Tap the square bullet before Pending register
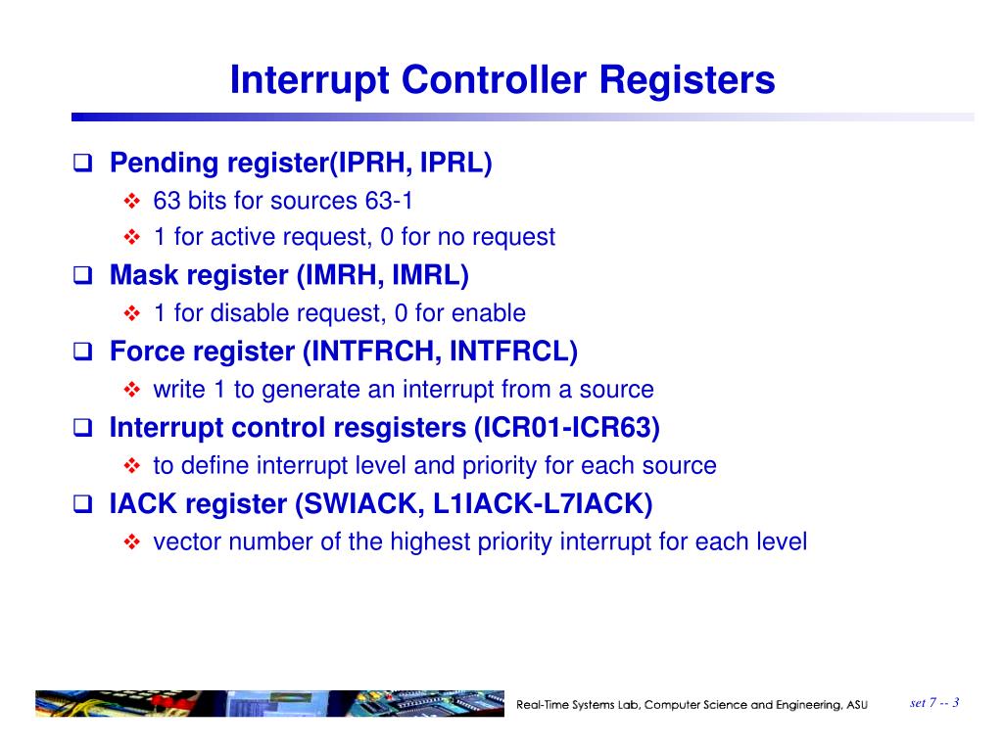click(83, 162)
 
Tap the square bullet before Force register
click(83, 352)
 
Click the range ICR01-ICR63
click(566, 428)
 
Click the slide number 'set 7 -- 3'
click(933, 703)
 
